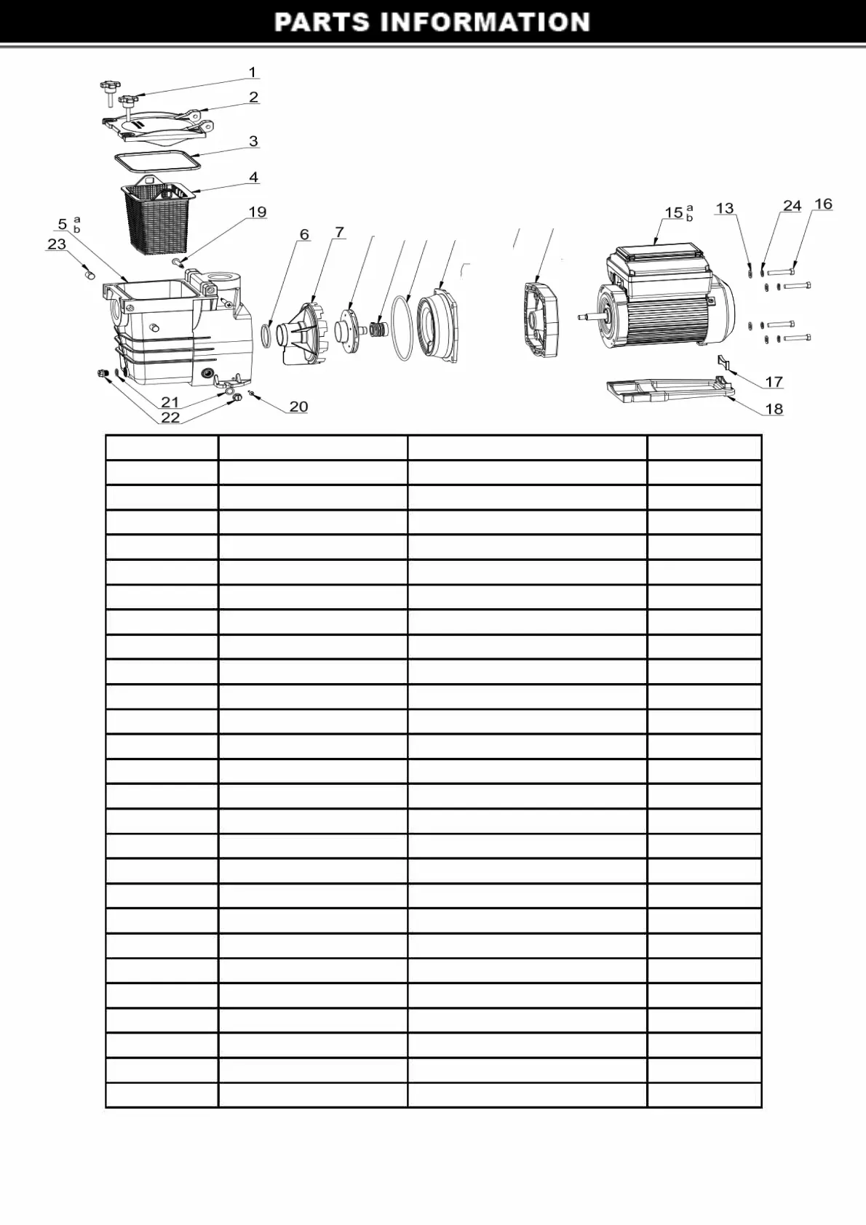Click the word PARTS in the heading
point(322,23)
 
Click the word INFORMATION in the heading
point(485,23)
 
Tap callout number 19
point(258,212)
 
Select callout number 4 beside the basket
point(253,177)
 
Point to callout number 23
point(57,244)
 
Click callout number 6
point(304,235)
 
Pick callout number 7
point(339,233)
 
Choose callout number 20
point(298,407)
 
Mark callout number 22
point(170,418)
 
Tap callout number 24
point(792,207)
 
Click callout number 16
point(823,204)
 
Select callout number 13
point(725,209)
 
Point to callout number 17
point(774,382)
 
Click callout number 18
point(774,410)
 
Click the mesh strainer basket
point(155,215)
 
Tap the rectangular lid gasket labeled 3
point(157,160)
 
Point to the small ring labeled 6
point(267,335)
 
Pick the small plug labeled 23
point(90,274)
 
